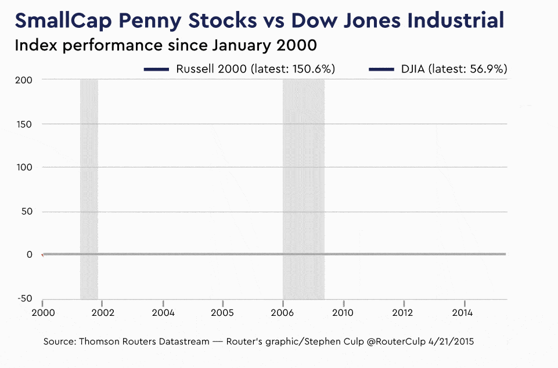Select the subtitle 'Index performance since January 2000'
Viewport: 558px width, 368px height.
(x=165, y=45)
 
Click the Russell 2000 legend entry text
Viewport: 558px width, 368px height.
(x=255, y=69)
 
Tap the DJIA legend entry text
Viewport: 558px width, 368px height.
(x=453, y=69)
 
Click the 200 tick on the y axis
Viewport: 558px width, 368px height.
(x=24, y=80)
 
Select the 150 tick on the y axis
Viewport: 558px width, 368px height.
(x=24, y=124)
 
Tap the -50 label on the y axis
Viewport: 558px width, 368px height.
(x=24, y=298)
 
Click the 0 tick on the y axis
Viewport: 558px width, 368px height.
(x=28, y=254)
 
